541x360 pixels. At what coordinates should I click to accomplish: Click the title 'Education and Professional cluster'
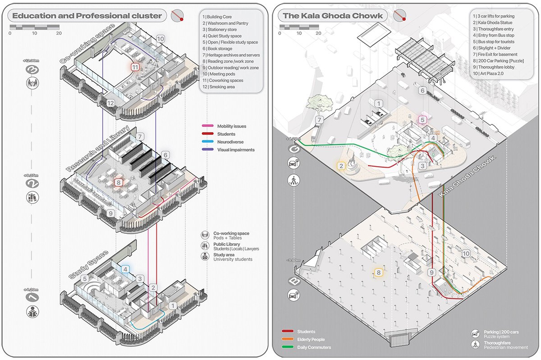(87, 16)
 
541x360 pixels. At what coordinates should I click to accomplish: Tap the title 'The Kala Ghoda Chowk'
(332, 16)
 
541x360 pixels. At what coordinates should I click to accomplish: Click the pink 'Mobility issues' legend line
(208, 127)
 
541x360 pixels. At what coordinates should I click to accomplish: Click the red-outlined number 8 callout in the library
(119, 183)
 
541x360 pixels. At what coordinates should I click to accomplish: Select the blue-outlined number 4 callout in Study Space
(125, 269)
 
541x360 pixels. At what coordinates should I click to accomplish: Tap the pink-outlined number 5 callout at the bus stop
(422, 120)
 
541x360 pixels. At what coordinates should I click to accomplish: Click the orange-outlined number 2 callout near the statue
(341, 166)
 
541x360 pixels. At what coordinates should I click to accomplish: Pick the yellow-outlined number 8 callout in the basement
(378, 272)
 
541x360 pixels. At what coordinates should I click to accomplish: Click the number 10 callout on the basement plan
(466, 254)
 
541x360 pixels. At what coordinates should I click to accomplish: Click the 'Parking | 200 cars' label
(502, 332)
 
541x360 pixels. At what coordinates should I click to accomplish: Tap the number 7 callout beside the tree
(320, 120)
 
